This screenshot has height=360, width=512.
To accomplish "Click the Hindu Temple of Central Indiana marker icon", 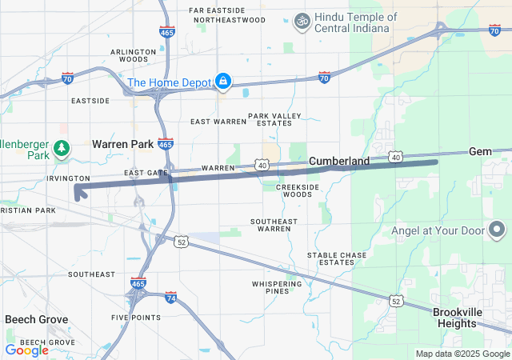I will pos(303,19).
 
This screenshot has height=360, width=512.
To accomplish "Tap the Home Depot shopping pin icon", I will pos(223,82).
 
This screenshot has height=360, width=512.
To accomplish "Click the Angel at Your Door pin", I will pos(491,230).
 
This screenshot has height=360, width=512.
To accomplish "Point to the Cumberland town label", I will pos(339,161).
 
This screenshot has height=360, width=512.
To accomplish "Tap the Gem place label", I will pos(480,151).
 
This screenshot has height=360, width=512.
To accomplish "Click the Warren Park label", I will pos(122,144).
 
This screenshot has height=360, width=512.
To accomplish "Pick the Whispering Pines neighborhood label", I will pos(270,288).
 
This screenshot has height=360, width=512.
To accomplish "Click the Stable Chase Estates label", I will pos(337,258).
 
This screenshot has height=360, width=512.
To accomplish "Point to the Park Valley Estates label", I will pos(274,120).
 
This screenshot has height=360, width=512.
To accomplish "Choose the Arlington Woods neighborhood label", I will pos(134,55).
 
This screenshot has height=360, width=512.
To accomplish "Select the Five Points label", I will pos(131,318).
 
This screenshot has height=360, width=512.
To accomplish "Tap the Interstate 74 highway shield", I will pos(170,298).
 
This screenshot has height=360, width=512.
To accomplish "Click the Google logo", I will pos(26,350).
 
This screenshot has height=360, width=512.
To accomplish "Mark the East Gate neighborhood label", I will pos(146,173).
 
